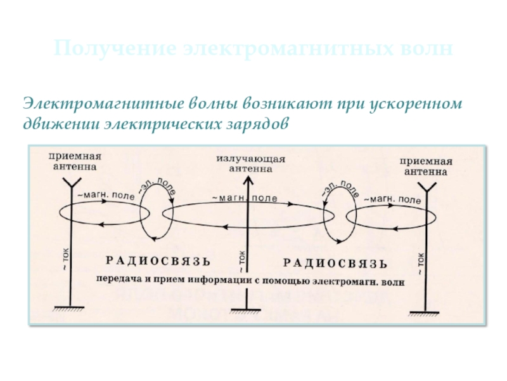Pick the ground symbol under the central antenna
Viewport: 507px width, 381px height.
click(245, 310)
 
